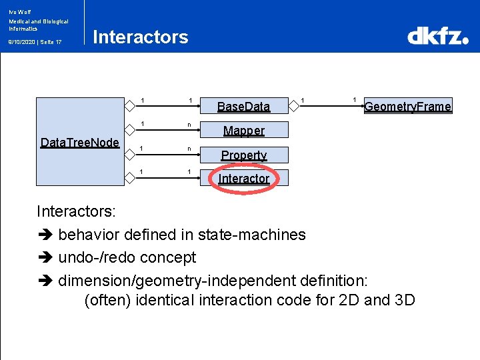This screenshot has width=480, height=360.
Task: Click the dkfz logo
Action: pyautogui.click(x=438, y=36)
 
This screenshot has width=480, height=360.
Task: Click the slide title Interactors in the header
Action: pyautogui.click(x=141, y=37)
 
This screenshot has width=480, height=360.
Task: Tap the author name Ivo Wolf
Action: pyautogui.click(x=19, y=11)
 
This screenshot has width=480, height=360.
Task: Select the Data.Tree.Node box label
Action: pyautogui.click(x=80, y=142)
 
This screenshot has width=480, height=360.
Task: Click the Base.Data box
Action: pyautogui.click(x=243, y=106)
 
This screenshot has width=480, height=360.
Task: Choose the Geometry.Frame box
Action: pyautogui.click(x=407, y=106)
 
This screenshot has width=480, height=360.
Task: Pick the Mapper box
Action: pyautogui.click(x=243, y=130)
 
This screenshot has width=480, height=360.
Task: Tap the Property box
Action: pyautogui.click(x=243, y=155)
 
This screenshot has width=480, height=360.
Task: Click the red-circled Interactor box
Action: pyautogui.click(x=243, y=179)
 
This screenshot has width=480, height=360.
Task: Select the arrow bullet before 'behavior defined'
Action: pyautogui.click(x=45, y=235)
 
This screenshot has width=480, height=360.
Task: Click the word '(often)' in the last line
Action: pyautogui.click(x=107, y=300)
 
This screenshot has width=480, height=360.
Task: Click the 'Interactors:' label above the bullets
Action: pyautogui.click(x=77, y=212)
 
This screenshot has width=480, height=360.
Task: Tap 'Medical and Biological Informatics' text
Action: pyautogui.click(x=38, y=25)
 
